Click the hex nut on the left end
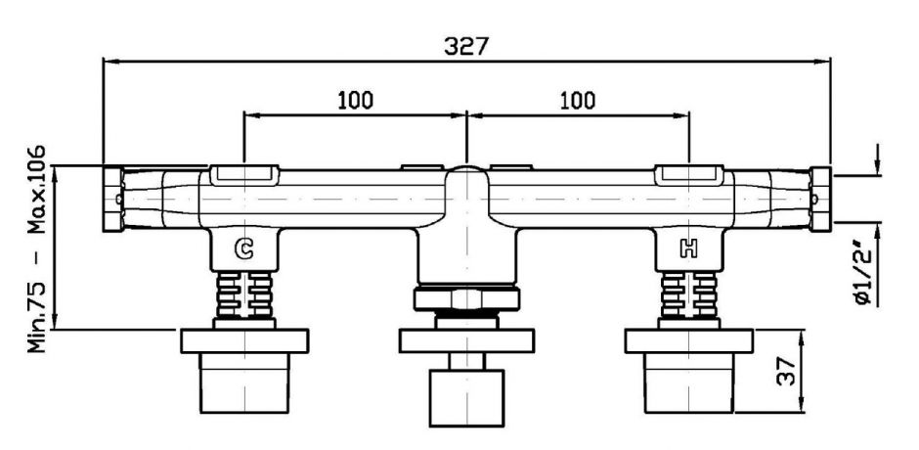coord(111,198)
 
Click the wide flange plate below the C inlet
coord(244,341)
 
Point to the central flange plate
coord(467,341)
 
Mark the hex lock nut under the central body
coord(467,300)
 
